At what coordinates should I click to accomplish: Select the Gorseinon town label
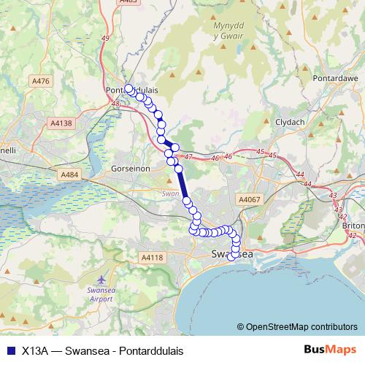131,167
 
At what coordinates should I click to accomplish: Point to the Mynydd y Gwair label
227,31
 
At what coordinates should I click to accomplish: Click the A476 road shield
41,81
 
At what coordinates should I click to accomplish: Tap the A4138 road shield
62,124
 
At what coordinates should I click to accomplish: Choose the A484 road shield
70,174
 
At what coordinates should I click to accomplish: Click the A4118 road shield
152,257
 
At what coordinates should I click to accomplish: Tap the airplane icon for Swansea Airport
100,280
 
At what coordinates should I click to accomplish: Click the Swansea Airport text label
100,294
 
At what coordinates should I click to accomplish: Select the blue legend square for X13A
9,350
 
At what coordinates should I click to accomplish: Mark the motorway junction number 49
106,37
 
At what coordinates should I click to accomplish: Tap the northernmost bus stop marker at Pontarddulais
128,89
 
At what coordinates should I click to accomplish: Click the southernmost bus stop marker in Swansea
232,256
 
